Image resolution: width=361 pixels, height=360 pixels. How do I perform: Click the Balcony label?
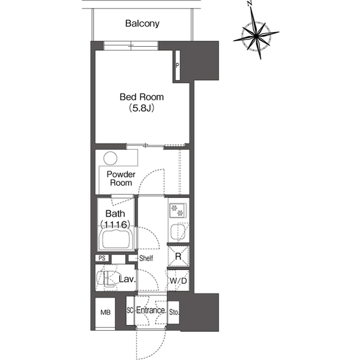[x=142, y=24]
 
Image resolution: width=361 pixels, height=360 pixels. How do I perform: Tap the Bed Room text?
[x=142, y=97]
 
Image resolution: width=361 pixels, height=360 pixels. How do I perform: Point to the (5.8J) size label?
[x=142, y=108]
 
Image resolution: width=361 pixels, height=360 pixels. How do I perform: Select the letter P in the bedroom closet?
[x=177, y=65]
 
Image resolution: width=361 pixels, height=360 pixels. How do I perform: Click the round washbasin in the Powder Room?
[x=111, y=158]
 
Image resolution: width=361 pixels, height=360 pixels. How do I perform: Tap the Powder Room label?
[x=121, y=179]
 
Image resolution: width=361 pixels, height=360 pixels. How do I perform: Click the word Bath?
[x=115, y=214]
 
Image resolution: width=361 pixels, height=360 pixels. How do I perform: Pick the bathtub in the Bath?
[x=116, y=239]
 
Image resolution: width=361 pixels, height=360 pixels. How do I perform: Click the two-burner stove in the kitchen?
[x=178, y=210]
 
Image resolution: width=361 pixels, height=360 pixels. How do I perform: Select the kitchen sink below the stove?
[x=178, y=232]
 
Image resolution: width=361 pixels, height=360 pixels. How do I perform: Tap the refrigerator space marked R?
[x=178, y=256]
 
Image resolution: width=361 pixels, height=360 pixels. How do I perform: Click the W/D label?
[x=178, y=281]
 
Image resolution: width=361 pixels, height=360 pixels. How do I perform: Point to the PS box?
[x=102, y=258]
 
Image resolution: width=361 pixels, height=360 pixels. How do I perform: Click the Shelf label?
[x=146, y=258]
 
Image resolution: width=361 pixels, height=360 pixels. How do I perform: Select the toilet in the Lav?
[x=107, y=278]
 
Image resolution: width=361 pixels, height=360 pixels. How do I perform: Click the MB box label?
[x=105, y=313]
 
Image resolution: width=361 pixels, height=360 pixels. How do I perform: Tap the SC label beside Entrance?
[x=130, y=310]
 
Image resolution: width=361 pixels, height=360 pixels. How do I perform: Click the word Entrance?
[x=151, y=310]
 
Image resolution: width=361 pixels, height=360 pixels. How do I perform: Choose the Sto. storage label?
[x=174, y=312]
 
